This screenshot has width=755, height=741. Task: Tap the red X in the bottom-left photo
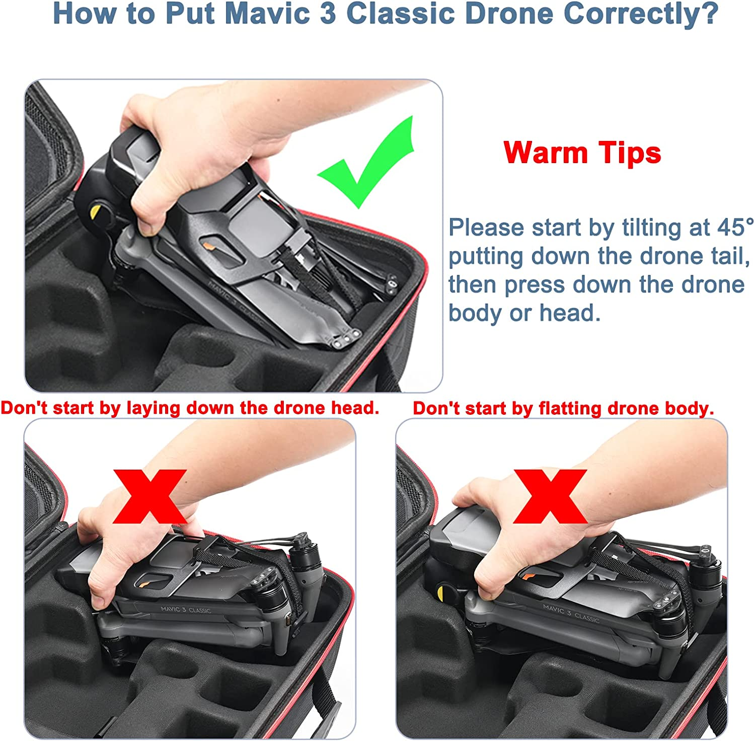pos(149,496)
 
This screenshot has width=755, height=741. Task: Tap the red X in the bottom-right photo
pos(550,496)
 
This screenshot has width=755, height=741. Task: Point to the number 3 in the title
pos(328,13)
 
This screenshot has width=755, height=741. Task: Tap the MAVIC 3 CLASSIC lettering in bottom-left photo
pos(186,610)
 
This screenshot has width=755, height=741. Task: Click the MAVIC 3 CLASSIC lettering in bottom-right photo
pos(571,613)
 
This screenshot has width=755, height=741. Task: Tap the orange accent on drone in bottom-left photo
pos(145,583)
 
